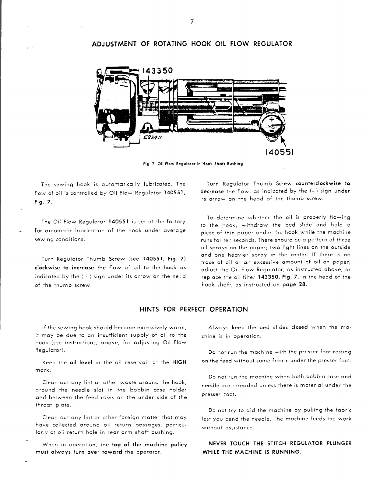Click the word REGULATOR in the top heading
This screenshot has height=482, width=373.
point(273,44)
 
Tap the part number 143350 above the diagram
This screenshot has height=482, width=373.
point(157,71)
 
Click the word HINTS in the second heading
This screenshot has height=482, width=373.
point(150,310)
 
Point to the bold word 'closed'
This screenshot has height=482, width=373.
point(299,328)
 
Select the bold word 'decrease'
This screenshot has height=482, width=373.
point(212,191)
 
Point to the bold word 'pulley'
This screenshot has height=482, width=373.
point(179,445)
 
